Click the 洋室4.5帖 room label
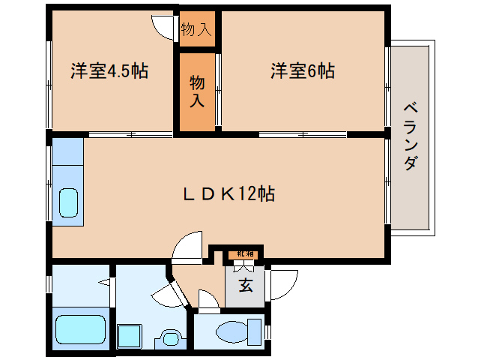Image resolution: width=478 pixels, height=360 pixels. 109,72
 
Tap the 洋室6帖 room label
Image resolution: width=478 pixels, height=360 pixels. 302,72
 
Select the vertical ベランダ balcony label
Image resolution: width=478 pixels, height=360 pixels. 410,136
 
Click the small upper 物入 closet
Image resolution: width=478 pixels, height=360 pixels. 197,30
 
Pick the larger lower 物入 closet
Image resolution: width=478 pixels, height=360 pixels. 197,90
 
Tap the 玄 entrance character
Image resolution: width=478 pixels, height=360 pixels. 245,286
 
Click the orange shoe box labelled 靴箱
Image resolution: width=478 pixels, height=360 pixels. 245,255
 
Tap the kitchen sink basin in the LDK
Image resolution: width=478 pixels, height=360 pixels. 69,202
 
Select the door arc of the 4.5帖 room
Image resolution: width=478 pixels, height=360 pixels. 163,25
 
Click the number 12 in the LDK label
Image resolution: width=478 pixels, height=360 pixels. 249,194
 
